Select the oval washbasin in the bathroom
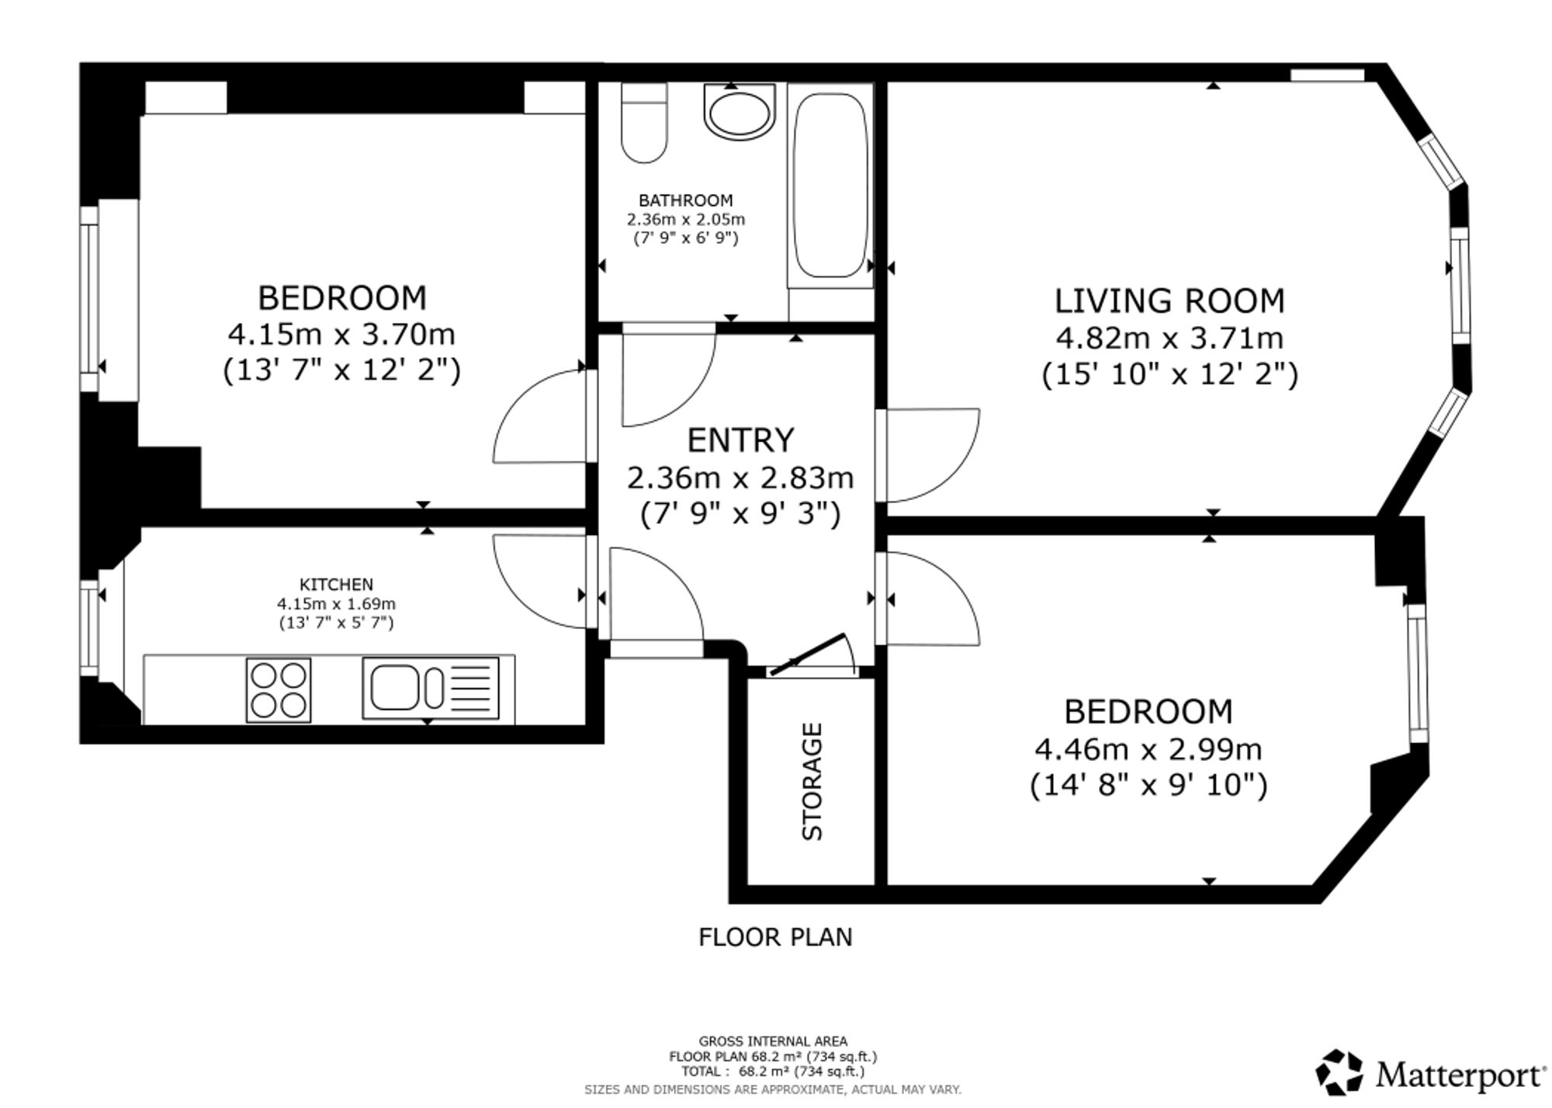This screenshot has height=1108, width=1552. pyautogui.click(x=740, y=112)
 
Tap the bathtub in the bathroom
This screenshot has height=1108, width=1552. pyautogui.click(x=830, y=186)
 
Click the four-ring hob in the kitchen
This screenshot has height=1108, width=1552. pyautogui.click(x=279, y=689)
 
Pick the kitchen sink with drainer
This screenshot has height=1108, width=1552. pyautogui.click(x=431, y=688)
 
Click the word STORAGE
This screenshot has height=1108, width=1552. pyautogui.click(x=812, y=781)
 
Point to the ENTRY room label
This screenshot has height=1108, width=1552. pyautogui.click(x=741, y=440)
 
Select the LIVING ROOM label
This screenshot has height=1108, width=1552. pyautogui.click(x=1169, y=301)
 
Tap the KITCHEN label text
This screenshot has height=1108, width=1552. pyautogui.click(x=336, y=585)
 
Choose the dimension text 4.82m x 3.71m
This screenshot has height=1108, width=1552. pyautogui.click(x=1169, y=339)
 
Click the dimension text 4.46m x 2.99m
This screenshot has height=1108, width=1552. pyautogui.click(x=1148, y=749)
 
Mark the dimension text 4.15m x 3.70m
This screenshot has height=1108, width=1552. pyautogui.click(x=341, y=335)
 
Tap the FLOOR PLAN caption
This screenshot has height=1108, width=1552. pyautogui.click(x=775, y=937)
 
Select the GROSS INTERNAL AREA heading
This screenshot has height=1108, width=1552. pyautogui.click(x=773, y=1041)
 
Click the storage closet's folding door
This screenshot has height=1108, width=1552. pyautogui.click(x=812, y=654)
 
